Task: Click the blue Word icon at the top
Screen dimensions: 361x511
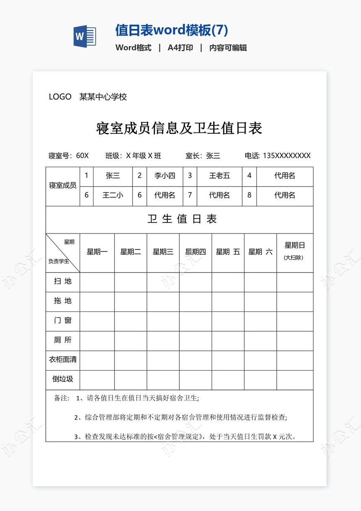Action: (84, 36)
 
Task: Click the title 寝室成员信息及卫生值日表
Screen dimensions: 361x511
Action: (179, 128)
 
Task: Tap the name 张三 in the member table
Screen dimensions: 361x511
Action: (112, 176)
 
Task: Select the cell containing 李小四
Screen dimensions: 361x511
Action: (165, 176)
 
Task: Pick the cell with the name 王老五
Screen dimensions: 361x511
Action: (219, 176)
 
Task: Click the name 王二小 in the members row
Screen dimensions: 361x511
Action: (112, 195)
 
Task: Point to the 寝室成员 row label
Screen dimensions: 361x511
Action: (63, 186)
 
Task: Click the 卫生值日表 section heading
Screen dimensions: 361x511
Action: (182, 219)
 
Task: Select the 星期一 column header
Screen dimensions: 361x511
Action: (97, 252)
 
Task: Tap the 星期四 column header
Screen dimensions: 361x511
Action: (196, 252)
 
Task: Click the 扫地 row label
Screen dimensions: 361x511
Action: (63, 282)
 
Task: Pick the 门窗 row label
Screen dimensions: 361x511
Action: (63, 321)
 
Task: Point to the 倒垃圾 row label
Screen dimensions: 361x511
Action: (63, 379)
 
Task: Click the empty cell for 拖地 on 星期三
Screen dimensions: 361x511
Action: (163, 301)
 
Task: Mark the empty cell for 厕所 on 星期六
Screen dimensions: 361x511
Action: (260, 340)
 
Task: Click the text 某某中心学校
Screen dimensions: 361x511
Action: (103, 97)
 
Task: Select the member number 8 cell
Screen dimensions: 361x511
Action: (249, 195)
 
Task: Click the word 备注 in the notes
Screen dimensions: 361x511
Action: (62, 398)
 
